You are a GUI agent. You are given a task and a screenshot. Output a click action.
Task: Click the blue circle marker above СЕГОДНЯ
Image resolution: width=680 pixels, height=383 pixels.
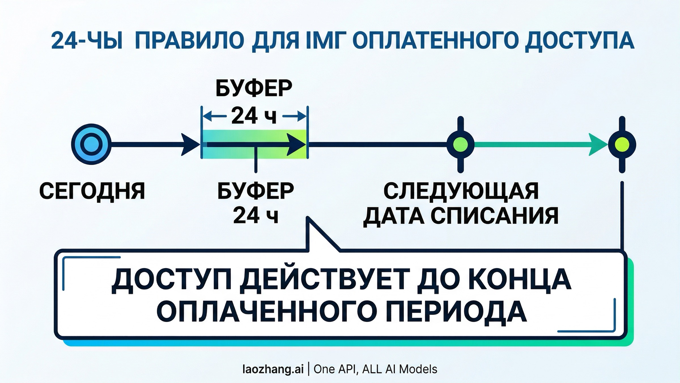coord(91,144)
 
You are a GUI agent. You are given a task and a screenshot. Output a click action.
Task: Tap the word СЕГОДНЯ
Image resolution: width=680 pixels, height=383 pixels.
coord(92,191)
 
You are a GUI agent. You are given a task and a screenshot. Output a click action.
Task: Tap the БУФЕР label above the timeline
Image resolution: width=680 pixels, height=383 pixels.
coord(254,89)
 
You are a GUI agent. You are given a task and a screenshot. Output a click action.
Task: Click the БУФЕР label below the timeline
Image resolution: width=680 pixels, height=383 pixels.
coord(256,191)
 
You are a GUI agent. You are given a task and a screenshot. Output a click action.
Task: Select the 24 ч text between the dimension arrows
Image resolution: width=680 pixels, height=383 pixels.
coord(254,116)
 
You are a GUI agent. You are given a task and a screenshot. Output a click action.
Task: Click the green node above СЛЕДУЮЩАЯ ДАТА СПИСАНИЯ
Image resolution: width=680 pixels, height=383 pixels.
coord(460,145)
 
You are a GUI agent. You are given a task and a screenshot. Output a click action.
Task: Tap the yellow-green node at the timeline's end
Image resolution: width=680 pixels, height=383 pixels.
coord(622,145)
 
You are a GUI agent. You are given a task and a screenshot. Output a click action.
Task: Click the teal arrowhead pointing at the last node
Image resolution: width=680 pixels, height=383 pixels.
coord(598,145)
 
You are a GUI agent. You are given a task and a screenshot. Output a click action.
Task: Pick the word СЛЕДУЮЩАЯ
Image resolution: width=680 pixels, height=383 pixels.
coord(461,191)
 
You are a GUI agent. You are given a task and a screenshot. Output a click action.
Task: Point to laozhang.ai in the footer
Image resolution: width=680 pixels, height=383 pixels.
coord(273,369)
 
